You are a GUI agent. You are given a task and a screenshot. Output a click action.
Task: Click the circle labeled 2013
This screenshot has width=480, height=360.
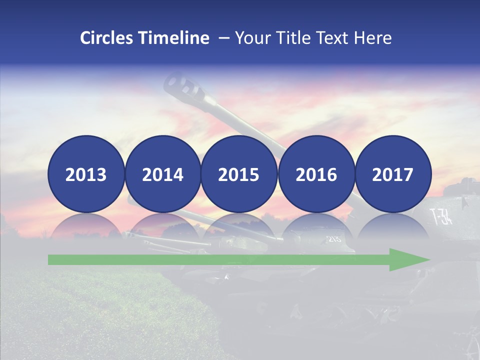tap(86, 174)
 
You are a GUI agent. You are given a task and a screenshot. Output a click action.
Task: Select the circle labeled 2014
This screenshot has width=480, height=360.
tap(162, 174)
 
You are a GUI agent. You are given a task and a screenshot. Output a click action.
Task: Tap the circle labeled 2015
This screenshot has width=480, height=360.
tap(239, 174)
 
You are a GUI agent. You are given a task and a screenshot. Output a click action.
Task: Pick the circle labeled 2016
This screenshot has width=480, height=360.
tap(316, 174)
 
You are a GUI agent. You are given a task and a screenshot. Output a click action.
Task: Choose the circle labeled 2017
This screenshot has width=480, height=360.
tap(392, 174)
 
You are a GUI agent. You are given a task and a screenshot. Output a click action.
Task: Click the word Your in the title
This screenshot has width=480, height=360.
tap(250, 38)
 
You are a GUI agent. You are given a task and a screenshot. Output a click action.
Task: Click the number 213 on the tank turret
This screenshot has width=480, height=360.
tap(333, 238)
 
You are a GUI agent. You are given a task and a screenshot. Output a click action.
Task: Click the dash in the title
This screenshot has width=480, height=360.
tap(223, 38)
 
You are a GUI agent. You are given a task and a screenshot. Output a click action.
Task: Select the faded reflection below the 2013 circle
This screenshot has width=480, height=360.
tap(86, 225)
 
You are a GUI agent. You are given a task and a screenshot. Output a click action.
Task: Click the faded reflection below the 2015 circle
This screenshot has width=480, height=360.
tap(239, 225)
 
